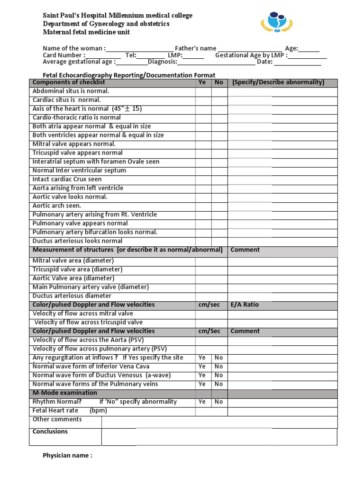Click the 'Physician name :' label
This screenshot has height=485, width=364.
67,456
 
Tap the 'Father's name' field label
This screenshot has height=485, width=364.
196,48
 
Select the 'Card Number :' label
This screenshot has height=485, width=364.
64,55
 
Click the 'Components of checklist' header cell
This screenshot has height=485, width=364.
69,82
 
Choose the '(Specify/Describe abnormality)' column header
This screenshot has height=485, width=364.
278,82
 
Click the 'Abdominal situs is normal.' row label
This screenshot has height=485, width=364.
71,91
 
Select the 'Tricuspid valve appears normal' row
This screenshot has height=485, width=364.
77,153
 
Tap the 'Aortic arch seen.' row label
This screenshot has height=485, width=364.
57,206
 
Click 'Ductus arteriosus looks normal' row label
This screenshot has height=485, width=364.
77,241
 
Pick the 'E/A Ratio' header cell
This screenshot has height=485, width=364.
245,305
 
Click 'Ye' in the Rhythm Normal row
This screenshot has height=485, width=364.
202,402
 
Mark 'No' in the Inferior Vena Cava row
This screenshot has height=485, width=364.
218,366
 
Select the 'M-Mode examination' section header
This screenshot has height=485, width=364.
64,393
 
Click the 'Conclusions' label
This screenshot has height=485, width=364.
50,431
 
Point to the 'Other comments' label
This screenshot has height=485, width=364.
57,419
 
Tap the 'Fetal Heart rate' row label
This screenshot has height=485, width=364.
55,410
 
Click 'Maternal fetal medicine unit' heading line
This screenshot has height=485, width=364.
86,32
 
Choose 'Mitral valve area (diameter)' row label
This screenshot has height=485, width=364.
73,260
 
